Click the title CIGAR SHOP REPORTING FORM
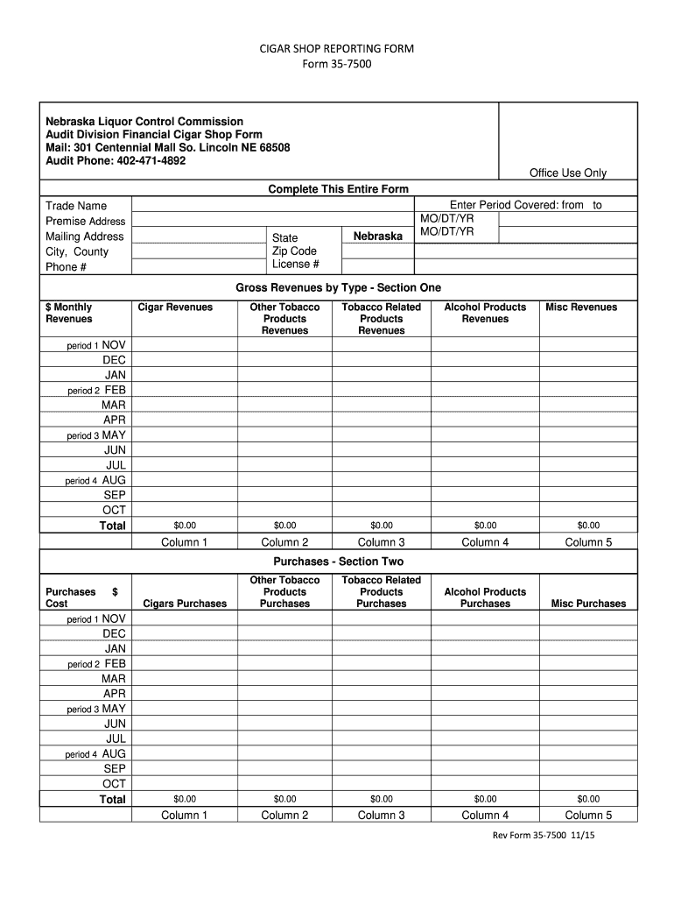pyautogui.click(x=337, y=49)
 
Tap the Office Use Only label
pyautogui.click(x=568, y=173)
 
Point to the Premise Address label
pyautogui.click(x=85, y=222)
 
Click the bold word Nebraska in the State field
pyautogui.click(x=377, y=237)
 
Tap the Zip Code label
pyautogui.click(x=294, y=251)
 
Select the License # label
pyautogui.click(x=295, y=265)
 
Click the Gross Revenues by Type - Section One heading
pyautogui.click(x=338, y=287)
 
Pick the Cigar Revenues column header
pyautogui.click(x=175, y=307)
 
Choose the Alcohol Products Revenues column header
pyautogui.click(x=485, y=313)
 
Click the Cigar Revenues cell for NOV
pyautogui.click(x=185, y=345)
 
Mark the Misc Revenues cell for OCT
pyautogui.click(x=588, y=510)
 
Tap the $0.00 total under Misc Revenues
pyautogui.click(x=588, y=526)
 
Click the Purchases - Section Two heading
pyautogui.click(x=338, y=562)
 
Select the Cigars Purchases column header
pyautogui.click(x=185, y=604)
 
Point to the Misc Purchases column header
pyautogui.click(x=588, y=604)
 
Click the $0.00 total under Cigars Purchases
pyautogui.click(x=185, y=799)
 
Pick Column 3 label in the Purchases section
pyautogui.click(x=382, y=816)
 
